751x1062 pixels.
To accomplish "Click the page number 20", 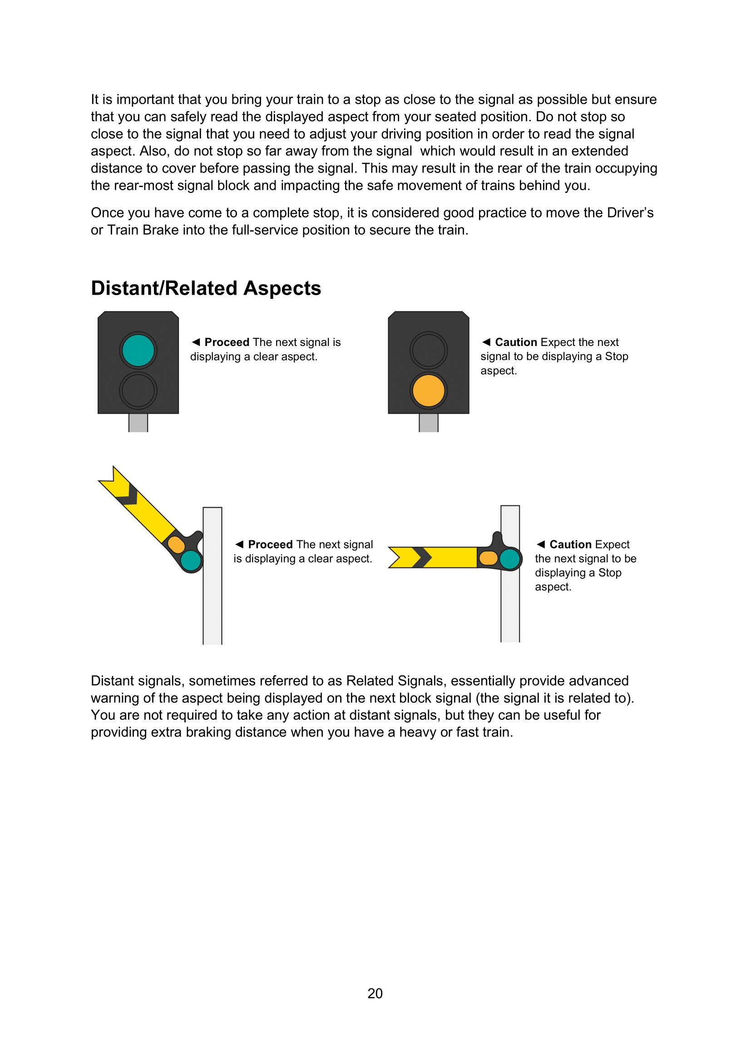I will pos(375,993).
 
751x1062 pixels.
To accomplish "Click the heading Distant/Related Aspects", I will pos(206,288).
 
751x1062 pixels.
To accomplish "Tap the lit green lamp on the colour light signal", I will pos(138,350).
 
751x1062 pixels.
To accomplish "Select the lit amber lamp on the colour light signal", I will pos(428,391).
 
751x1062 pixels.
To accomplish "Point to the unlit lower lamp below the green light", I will pos(138,391).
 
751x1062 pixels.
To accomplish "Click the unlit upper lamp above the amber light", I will pos(428,350).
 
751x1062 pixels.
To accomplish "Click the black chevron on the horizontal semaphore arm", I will pos(422,558).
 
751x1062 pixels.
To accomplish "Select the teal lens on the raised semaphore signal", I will pos(191,561).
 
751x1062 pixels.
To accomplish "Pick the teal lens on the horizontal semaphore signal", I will pos(510,558).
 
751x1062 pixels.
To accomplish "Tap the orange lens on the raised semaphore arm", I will pos(176,544).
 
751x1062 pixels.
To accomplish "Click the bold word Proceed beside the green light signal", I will pos(227,342).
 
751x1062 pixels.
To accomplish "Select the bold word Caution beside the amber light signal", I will pos(516,342).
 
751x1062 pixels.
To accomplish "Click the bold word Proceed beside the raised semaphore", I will pos(270,544).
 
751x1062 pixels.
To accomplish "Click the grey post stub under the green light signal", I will pos(138,423).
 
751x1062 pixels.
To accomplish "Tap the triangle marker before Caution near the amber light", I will pos(486,342).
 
